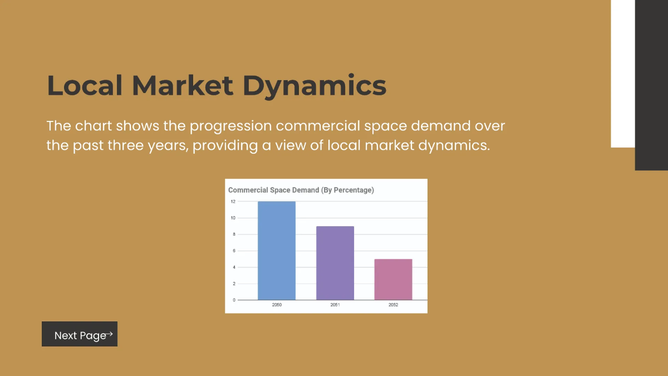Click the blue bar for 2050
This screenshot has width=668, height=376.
(277, 251)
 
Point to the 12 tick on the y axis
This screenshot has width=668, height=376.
(233, 202)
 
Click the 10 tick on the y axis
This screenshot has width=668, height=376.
(233, 218)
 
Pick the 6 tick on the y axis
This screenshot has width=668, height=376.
(234, 251)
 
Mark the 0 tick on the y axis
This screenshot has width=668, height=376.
(234, 300)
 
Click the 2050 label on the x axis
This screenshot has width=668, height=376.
(277, 305)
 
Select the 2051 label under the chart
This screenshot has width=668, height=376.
(335, 305)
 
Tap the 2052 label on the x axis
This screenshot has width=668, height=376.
(393, 305)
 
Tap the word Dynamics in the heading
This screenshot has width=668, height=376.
(315, 86)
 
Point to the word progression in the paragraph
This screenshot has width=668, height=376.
(230, 126)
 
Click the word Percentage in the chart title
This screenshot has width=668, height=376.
(352, 190)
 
